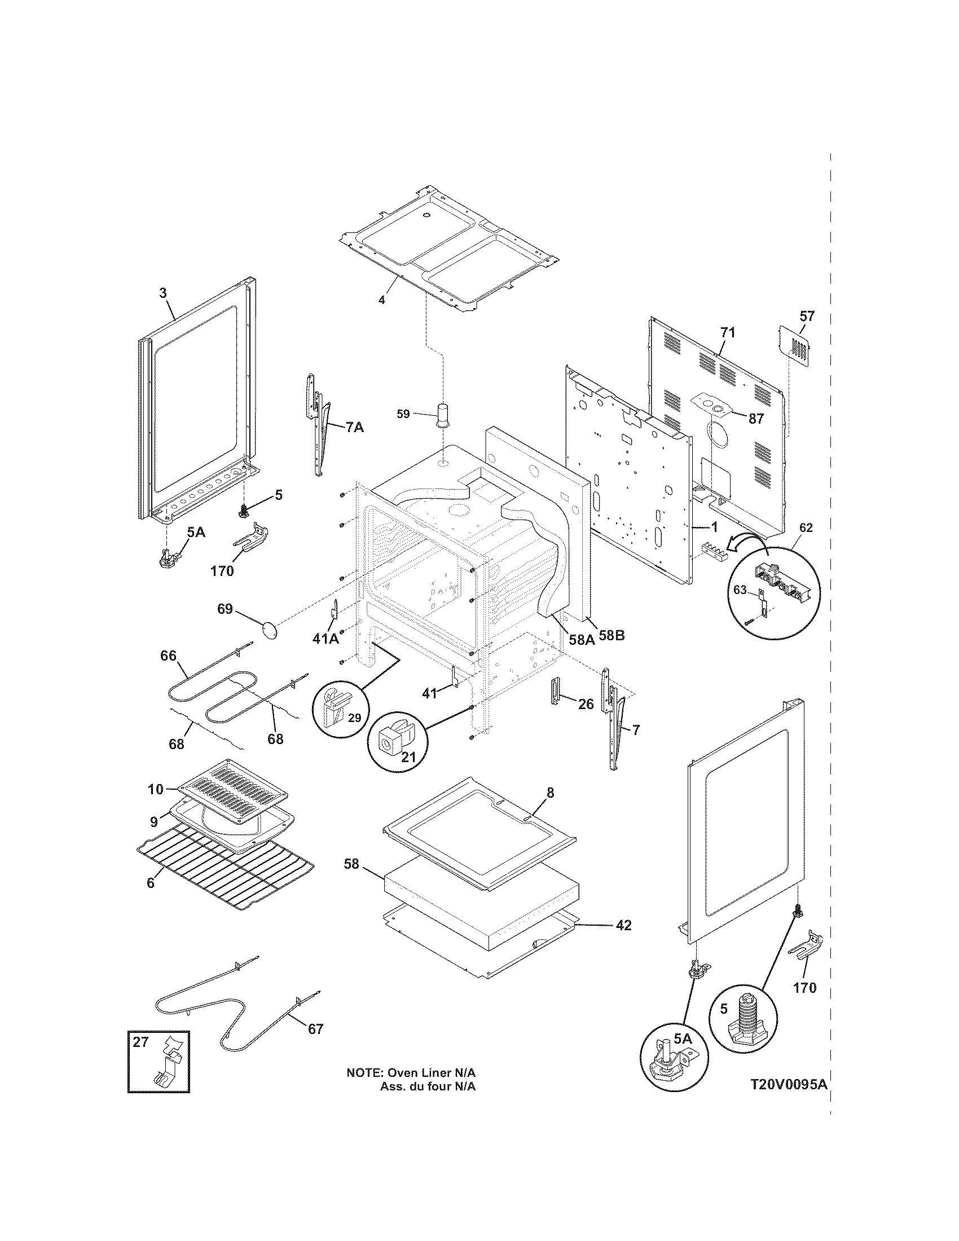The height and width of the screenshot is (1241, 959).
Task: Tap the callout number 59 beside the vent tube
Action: coord(403,413)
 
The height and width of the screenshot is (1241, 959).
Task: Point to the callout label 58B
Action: coord(612,635)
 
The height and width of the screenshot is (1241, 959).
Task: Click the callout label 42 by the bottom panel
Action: coord(623,925)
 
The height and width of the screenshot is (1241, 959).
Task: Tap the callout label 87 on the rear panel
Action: coord(755,419)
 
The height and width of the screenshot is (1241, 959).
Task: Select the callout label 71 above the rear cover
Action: coord(728,332)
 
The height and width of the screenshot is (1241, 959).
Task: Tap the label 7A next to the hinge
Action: coord(354,428)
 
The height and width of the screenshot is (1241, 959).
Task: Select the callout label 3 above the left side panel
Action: coord(163,293)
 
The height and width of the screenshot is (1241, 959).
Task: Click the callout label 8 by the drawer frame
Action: coord(550,792)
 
